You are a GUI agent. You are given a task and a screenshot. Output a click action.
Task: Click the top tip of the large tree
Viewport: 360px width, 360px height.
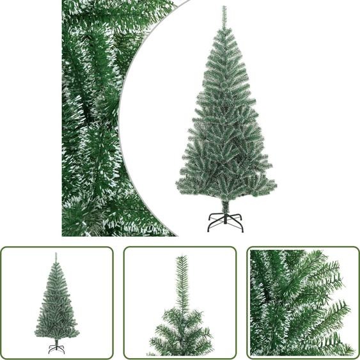[x=224, y=8]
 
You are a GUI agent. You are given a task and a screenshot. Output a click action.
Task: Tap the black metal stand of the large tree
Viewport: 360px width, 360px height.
[x=226, y=221]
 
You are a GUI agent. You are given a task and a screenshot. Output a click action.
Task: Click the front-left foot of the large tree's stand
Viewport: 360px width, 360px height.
[x=208, y=230]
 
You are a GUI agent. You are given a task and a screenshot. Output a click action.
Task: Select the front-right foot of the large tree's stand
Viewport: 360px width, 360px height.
[x=243, y=230]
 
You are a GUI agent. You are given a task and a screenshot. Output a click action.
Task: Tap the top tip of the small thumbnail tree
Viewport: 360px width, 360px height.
[x=56, y=254]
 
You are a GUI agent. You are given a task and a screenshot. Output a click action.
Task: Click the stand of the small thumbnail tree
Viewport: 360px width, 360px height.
[x=56, y=348]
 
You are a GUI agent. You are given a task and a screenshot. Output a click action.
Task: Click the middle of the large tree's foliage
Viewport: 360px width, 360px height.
[x=225, y=128]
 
